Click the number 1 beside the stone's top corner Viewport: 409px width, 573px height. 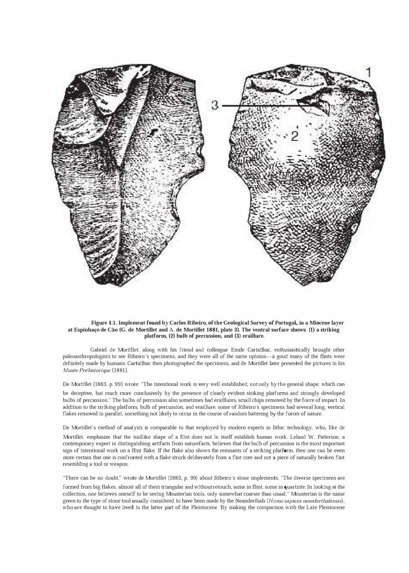[x=369, y=73]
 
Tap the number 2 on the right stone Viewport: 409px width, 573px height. [x=294, y=136]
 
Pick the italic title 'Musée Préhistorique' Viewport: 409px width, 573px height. [x=86, y=370]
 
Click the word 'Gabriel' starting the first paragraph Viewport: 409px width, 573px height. [x=99, y=350]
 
